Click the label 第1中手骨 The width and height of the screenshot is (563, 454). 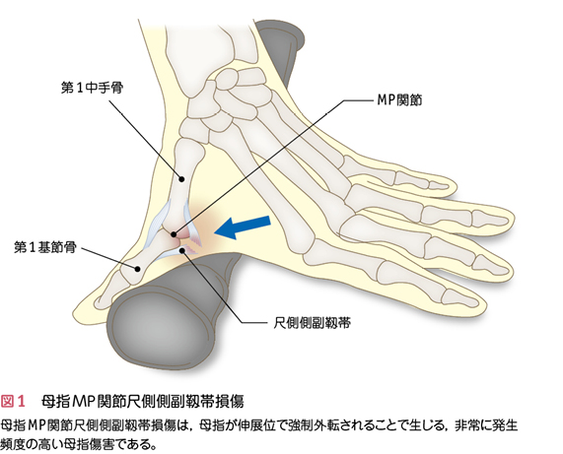pyautogui.click(x=93, y=88)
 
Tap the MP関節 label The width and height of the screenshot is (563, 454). pyautogui.click(x=399, y=100)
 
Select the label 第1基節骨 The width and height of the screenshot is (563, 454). pyautogui.click(x=45, y=247)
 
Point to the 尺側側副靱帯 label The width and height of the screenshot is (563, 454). pyautogui.click(x=312, y=323)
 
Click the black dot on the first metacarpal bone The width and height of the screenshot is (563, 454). pyautogui.click(x=181, y=178)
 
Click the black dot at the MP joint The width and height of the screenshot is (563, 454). pyautogui.click(x=174, y=234)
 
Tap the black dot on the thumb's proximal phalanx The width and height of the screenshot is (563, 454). pyautogui.click(x=137, y=268)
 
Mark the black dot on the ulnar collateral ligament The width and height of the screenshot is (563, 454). pyautogui.click(x=182, y=250)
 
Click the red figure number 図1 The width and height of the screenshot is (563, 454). pyautogui.click(x=13, y=401)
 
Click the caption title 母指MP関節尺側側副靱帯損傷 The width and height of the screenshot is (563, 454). pyautogui.click(x=143, y=401)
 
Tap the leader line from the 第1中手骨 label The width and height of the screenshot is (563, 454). pyautogui.click(x=145, y=139)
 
